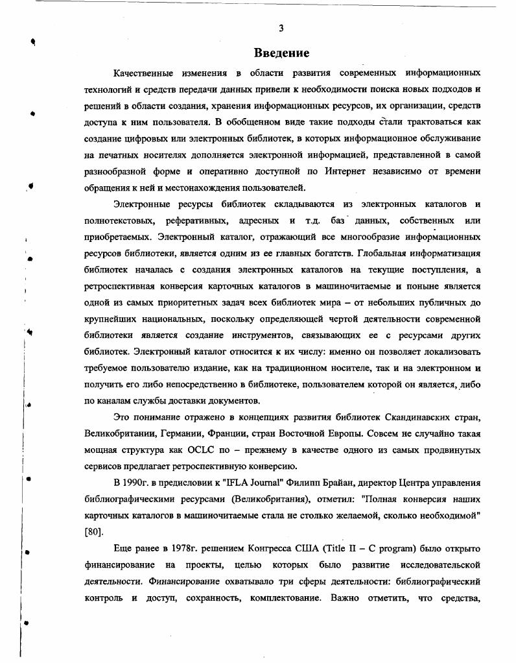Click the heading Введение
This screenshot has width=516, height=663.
point(281,53)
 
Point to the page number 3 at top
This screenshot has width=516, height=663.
point(281,28)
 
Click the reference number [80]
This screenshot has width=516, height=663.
point(94,533)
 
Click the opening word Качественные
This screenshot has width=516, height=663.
point(147,71)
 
